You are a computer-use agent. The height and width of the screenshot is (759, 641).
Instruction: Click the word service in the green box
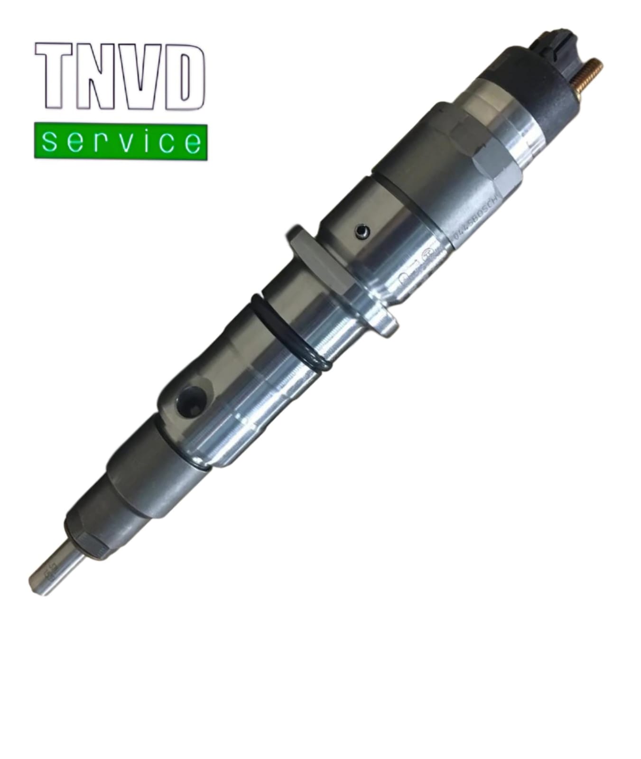tap(121, 141)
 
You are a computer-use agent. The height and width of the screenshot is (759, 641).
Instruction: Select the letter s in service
tap(50, 142)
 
